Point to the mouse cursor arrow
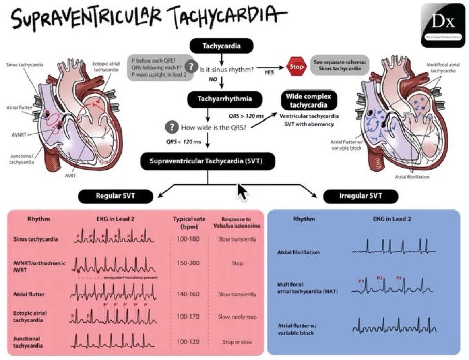click(x=240, y=191)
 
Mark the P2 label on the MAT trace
click(x=380, y=278)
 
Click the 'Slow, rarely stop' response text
click(x=237, y=317)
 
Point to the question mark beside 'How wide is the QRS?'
click(x=170, y=127)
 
